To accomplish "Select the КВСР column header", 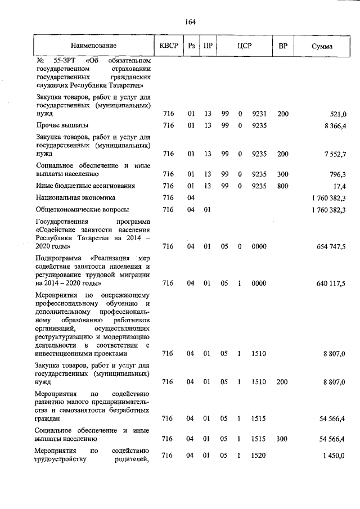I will coord(168,46).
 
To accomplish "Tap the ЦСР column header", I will coord(244,46).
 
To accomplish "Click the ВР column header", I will coord(283,46).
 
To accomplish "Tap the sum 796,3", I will coord(336,174).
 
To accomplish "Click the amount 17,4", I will coord(338,186).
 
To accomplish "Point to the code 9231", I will coord(259,114).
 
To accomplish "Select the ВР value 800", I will coord(283,186).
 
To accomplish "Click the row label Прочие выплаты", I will coord(62,125).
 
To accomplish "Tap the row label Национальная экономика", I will coord(75,198).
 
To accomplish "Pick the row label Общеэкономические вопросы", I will coord(78,210).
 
